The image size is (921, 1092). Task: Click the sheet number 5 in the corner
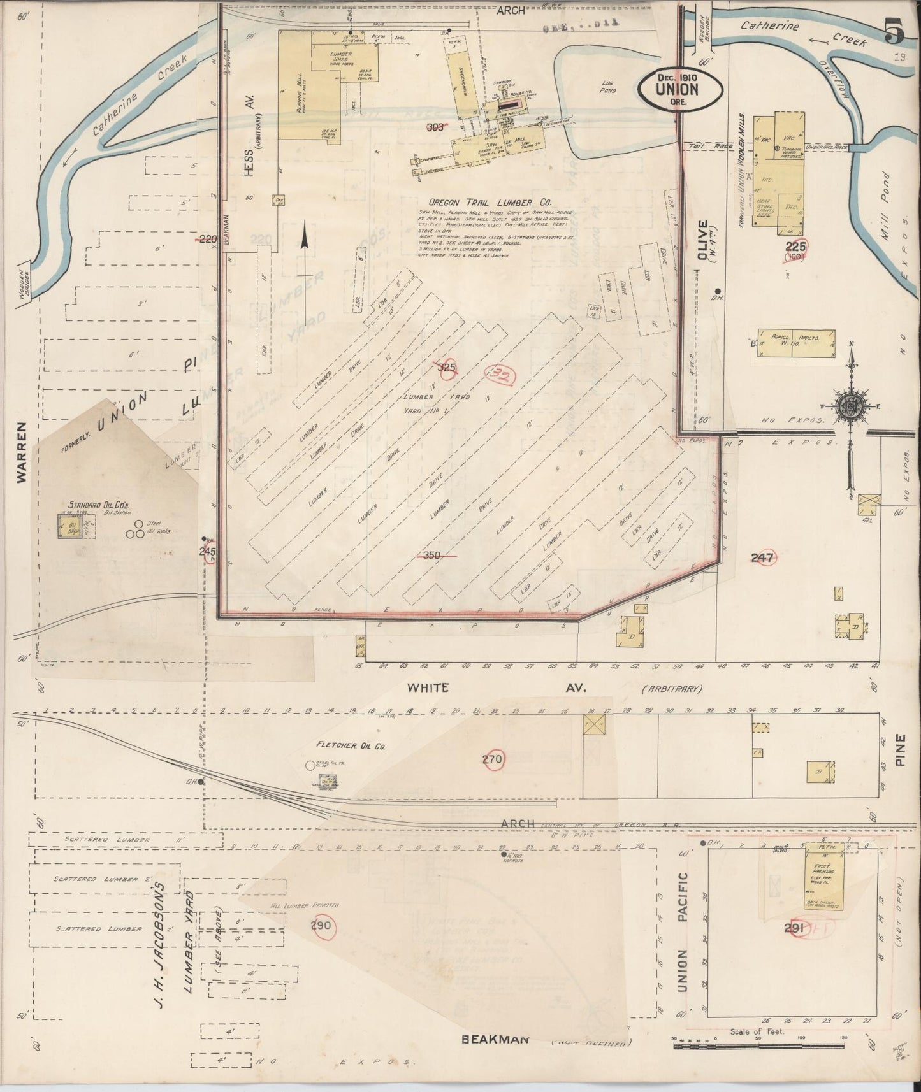click(894, 32)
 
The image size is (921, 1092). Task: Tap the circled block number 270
click(493, 759)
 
